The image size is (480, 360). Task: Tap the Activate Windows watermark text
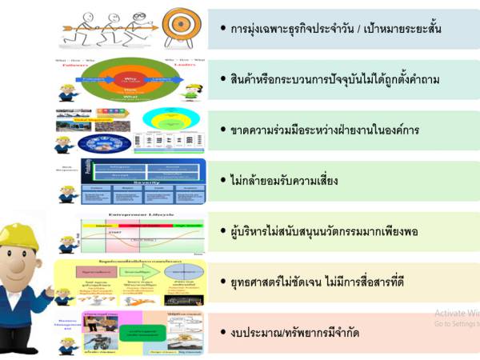456,314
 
